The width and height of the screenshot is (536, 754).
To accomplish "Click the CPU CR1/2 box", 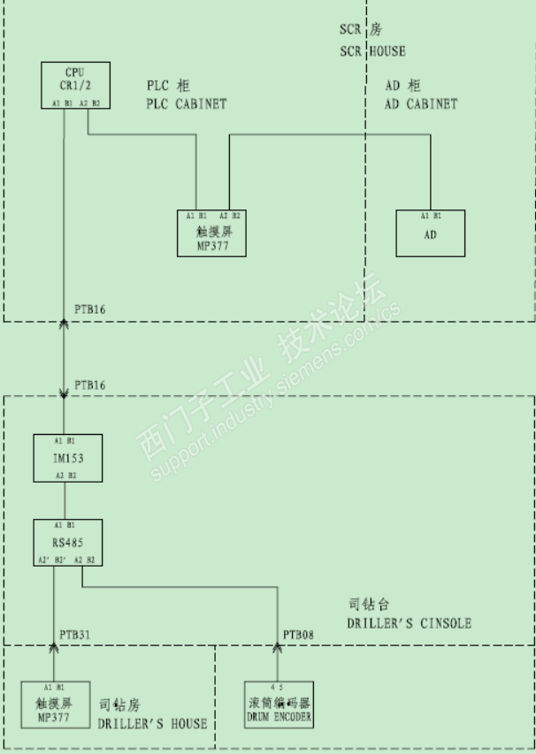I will pos(75,85).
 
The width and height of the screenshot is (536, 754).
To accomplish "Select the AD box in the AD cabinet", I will pos(430,233).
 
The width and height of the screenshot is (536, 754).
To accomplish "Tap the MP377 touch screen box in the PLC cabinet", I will pos(212,233).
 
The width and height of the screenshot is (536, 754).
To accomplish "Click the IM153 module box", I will pos(67,458).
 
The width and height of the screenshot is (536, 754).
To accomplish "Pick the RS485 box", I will pos(67,543).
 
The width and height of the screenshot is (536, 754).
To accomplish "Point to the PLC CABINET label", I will pos(187,103).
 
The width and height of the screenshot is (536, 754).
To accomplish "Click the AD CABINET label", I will pos(421,103).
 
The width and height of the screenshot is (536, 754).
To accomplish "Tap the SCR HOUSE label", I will pos(372,51).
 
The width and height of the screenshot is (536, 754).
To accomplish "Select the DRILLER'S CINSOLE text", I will pos(410,623).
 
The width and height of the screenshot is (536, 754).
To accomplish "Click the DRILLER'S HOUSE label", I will pos(152,723).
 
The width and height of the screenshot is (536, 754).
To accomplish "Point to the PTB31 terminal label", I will pos(75,635).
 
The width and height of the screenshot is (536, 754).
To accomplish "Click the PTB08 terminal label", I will pos(298,635).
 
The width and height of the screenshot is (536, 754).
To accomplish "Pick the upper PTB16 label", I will pos(90,308).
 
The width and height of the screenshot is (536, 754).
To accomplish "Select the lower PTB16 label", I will pos(90,385).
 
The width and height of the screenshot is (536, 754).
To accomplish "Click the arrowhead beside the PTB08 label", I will pos(278,649).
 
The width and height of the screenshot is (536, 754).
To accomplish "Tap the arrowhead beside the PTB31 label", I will pos(54,649).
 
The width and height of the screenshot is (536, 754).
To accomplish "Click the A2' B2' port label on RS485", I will pos(50,560).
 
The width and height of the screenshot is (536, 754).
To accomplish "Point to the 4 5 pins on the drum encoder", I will pos(278,686).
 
